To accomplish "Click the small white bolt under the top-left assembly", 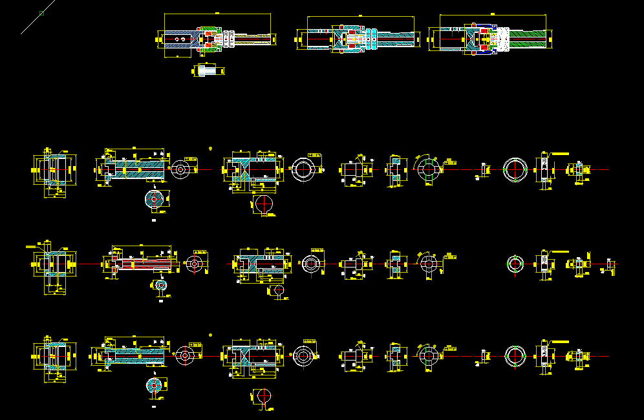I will coord(206,70).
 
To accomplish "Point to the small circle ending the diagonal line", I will coord(42,13).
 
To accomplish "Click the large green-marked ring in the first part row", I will coord(516,169).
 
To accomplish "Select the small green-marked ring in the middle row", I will coord(515,263).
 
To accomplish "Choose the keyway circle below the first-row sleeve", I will coord(264,203).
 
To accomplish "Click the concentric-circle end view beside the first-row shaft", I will coord(180,169).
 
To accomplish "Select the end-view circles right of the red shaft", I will coord(195,264).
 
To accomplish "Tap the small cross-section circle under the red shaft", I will coord(160,285).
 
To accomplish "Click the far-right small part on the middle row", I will coord(610,264).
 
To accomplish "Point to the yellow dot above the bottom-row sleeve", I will coord(211,335).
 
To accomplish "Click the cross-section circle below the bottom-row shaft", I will coord(155,385).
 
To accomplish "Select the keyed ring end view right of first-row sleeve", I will coord(303,169).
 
